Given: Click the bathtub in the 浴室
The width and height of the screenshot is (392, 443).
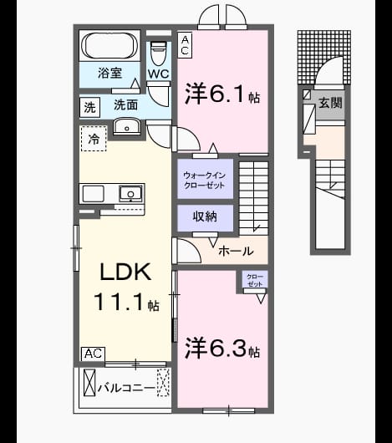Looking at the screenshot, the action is point(109,45).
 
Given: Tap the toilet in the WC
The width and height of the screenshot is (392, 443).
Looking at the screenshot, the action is point(158,53).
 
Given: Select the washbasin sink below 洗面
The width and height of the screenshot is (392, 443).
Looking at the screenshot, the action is point(127,126).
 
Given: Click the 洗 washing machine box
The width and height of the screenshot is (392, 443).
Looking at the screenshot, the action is point(89,107).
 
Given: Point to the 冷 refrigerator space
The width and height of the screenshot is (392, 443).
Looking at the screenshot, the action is point(94,139).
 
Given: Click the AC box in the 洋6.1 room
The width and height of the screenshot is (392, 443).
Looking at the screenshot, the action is point(185,45).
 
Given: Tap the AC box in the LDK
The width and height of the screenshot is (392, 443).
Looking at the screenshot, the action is point(93,354).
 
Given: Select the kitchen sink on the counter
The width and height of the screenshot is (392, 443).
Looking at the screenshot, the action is point(130,194).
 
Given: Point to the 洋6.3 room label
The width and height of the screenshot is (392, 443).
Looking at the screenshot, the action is point(222,349).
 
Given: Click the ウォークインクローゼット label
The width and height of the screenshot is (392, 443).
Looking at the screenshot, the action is point(205,181).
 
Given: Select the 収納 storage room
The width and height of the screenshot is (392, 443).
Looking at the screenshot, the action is point(206,218).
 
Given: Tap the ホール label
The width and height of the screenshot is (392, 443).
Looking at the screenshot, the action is point(236,251).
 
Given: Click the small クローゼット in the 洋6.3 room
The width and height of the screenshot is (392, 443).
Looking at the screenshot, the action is point(255,279).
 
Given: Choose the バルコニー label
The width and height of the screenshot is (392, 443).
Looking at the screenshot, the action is point(126,388).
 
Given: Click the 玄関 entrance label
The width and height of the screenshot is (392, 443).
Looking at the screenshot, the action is point(330,103).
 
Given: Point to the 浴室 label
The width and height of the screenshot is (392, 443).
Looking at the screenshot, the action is point(109,74).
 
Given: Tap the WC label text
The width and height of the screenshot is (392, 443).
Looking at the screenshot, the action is point(159,74).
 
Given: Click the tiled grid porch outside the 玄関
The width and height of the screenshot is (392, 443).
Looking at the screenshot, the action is point(324,58).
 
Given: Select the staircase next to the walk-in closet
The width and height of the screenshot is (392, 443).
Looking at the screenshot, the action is point(253,198).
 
